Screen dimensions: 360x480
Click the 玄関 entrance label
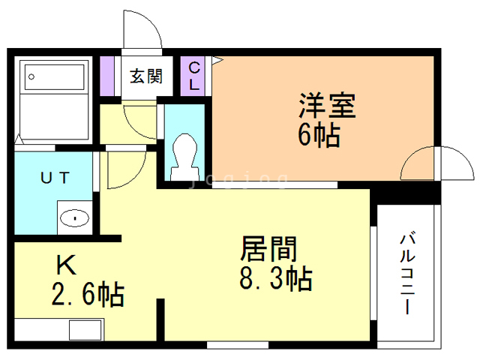(x=145, y=76)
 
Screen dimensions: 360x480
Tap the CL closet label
(x=193, y=76)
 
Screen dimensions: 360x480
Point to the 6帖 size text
(x=319, y=136)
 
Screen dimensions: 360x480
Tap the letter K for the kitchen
(x=66, y=265)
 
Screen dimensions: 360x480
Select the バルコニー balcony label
(x=408, y=274)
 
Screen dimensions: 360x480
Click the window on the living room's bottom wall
(x=237, y=345)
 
